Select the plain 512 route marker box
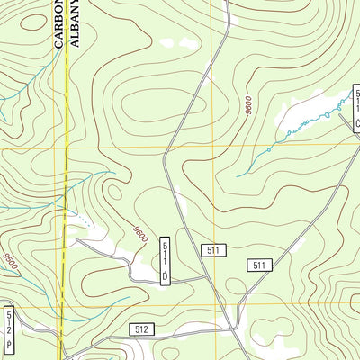(140, 330)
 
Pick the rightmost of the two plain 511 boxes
(260, 265)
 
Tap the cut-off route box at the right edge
(355, 108)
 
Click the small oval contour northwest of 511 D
(113, 193)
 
